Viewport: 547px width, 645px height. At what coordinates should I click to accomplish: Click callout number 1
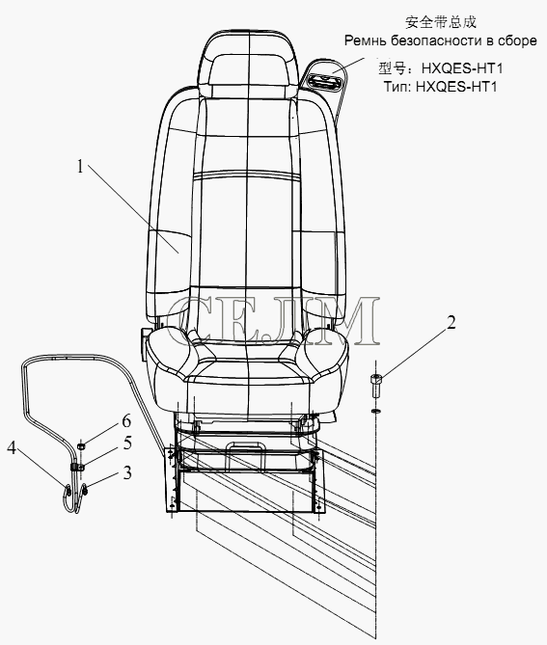[x=80, y=167]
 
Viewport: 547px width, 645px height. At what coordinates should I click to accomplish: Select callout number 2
[x=451, y=323]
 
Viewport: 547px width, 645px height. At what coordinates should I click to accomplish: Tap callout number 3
[x=127, y=472]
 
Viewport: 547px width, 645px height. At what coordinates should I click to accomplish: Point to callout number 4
[x=12, y=448]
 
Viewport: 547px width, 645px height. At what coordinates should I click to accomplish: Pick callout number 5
[x=127, y=443]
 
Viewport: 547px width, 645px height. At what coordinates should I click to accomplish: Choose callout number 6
[x=126, y=420]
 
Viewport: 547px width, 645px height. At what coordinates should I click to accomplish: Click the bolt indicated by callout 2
[x=376, y=386]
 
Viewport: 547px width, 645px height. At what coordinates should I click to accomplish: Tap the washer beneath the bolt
[x=375, y=411]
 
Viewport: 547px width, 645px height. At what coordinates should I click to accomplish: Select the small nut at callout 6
[x=81, y=445]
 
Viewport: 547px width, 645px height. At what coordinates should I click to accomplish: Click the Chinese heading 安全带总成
[x=441, y=22]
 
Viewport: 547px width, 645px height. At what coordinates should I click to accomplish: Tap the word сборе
[x=517, y=40]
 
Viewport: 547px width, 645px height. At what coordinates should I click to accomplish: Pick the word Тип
[x=397, y=87]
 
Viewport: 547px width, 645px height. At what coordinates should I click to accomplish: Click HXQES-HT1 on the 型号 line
[x=462, y=67]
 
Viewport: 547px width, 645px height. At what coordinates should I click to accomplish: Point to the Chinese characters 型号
[x=392, y=67]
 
